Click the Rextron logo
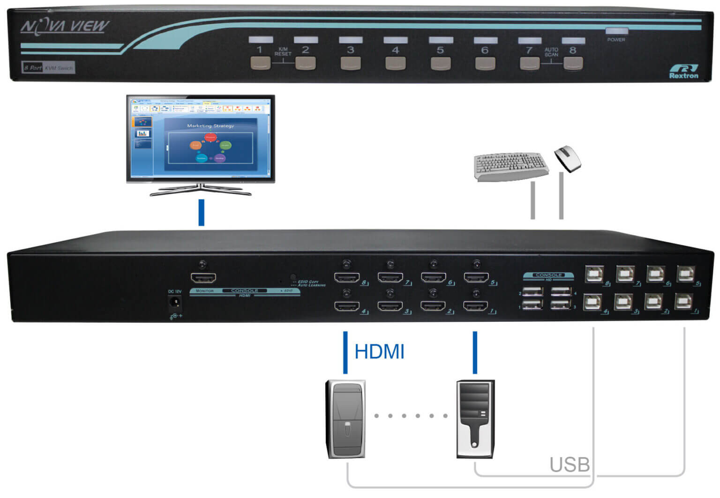pyautogui.click(x=683, y=71)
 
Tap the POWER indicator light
pyautogui.click(x=616, y=31)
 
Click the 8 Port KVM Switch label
pyautogui.click(x=48, y=68)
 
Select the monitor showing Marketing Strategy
pyautogui.click(x=201, y=138)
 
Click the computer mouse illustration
pyautogui.click(x=568, y=158)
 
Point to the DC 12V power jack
pyautogui.click(x=175, y=303)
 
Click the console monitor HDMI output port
pyautogui.click(x=203, y=278)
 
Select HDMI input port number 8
pyautogui.click(x=346, y=278)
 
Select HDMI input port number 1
pyautogui.click(x=475, y=307)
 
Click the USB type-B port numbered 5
pyautogui.click(x=686, y=274)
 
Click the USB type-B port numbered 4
pyautogui.click(x=592, y=303)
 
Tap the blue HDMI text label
pyautogui.click(x=379, y=352)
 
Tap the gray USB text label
pyautogui.click(x=569, y=465)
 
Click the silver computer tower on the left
pyautogui.click(x=346, y=419)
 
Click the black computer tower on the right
pyautogui.click(x=475, y=419)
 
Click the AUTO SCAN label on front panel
pyautogui.click(x=551, y=52)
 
